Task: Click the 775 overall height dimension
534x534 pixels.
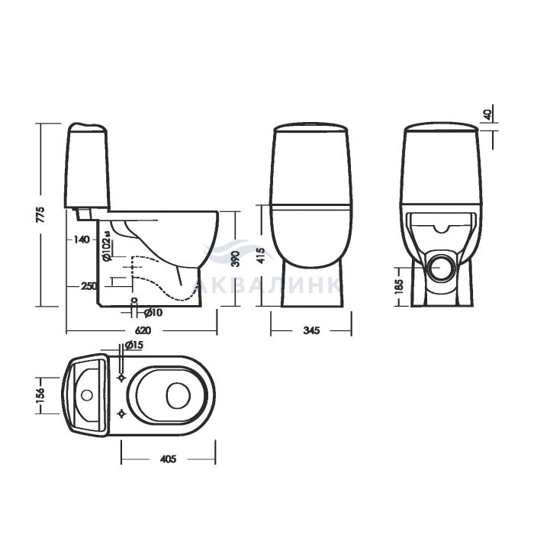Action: (x=40, y=214)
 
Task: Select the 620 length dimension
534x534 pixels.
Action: (x=143, y=330)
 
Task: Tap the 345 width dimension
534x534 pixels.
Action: (x=311, y=330)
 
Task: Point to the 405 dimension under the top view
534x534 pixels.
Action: (x=168, y=459)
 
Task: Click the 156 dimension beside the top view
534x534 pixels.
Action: (x=40, y=396)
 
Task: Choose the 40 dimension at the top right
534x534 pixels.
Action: (x=487, y=114)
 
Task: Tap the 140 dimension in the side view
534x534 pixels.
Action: (x=82, y=240)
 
